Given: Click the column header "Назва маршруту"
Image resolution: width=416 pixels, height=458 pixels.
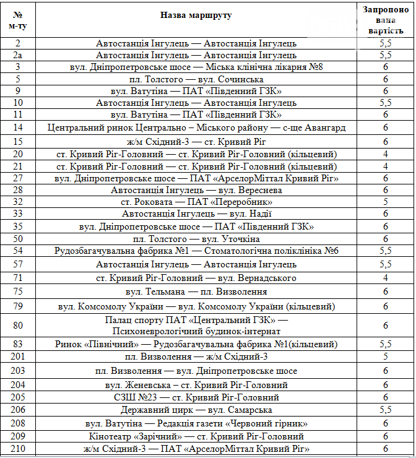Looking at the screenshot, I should click(196, 15).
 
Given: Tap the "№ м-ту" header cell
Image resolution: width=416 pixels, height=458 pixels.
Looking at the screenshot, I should click(18, 20).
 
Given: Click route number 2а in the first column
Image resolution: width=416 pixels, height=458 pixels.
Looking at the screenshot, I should click(18, 55).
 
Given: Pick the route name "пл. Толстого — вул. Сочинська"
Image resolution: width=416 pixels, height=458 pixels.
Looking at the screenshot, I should click(196, 79).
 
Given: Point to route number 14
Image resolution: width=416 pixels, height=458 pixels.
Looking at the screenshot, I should click(18, 127).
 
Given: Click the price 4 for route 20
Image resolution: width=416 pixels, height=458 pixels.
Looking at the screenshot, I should click(385, 154).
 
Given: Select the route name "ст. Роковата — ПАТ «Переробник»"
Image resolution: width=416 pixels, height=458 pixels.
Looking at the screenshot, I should click(196, 202).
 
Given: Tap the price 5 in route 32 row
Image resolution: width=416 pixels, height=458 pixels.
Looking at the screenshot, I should click(385, 202).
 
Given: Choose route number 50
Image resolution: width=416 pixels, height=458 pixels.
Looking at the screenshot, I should click(18, 239).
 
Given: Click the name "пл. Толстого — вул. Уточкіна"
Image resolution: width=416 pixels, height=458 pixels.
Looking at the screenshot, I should click(196, 239).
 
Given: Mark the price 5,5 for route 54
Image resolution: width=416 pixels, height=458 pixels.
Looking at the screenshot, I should click(385, 251).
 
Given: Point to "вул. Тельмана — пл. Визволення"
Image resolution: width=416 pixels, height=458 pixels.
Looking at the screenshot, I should click(196, 292).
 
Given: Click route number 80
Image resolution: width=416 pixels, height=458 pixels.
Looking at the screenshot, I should click(18, 325).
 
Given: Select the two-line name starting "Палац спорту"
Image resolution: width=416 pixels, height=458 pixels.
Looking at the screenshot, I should click(196, 325).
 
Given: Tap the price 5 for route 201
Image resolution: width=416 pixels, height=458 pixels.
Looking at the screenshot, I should click(385, 356).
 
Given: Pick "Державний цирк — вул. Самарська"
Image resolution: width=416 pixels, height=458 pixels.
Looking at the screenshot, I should click(196, 410).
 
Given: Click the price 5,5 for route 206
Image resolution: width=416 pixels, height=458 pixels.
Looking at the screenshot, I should click(385, 410).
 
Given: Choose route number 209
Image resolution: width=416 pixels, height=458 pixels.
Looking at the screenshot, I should click(18, 436).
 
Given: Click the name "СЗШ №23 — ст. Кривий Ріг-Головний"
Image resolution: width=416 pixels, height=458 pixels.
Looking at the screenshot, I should click(196, 397).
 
